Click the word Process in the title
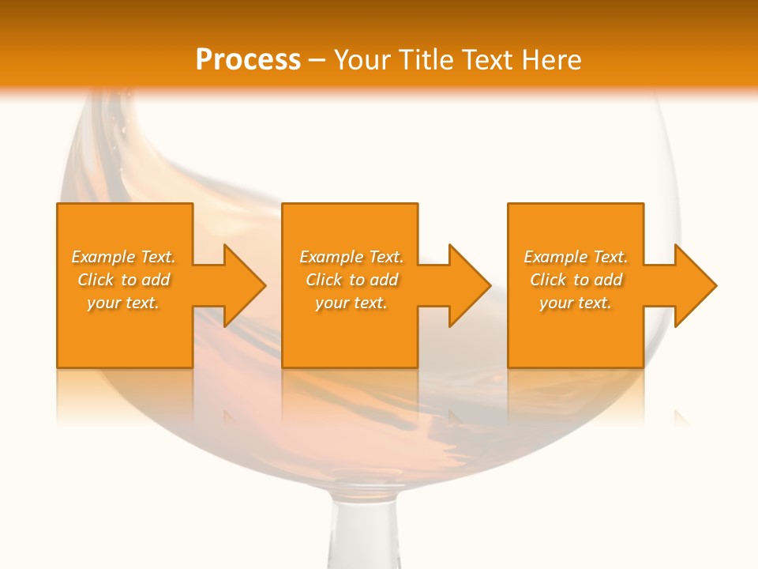click(x=248, y=60)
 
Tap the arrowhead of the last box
click(x=694, y=285)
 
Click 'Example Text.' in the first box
click(x=123, y=257)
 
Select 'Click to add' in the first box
click(x=123, y=280)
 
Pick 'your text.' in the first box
click(x=123, y=303)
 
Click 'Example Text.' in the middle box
click(x=351, y=257)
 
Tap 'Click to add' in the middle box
click(x=351, y=280)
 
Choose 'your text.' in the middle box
click(x=351, y=303)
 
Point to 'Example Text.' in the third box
click(x=576, y=257)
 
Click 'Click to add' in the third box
click(x=576, y=280)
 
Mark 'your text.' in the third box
click(x=576, y=303)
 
